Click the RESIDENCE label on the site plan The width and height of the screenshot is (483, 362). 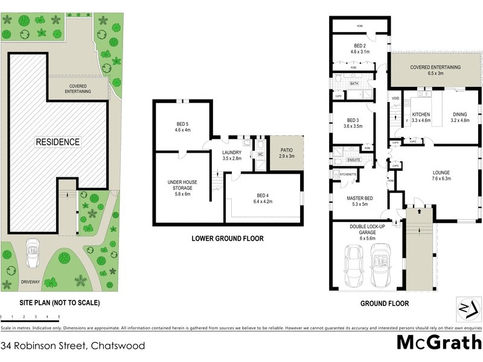[57, 142]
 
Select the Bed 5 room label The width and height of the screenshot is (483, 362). [182, 127]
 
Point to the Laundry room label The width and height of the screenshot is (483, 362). [232, 156]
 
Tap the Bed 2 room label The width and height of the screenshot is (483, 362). [360, 48]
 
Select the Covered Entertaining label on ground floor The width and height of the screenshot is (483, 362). [435, 70]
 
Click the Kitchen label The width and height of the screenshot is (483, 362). [420, 117]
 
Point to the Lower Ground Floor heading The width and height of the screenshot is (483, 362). [227, 238]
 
